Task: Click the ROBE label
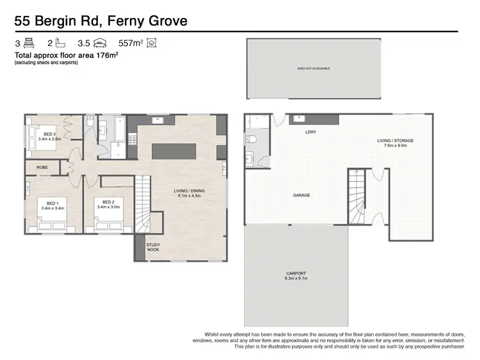pos(42,167)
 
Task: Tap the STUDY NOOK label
pos(154,246)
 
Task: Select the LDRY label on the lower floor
pos(311,132)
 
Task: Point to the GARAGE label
pos(301,195)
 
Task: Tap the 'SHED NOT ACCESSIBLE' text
pos(313,67)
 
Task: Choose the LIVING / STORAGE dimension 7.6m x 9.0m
pos(395,145)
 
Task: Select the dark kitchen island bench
pos(173,152)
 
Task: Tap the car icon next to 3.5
pos(100,43)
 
